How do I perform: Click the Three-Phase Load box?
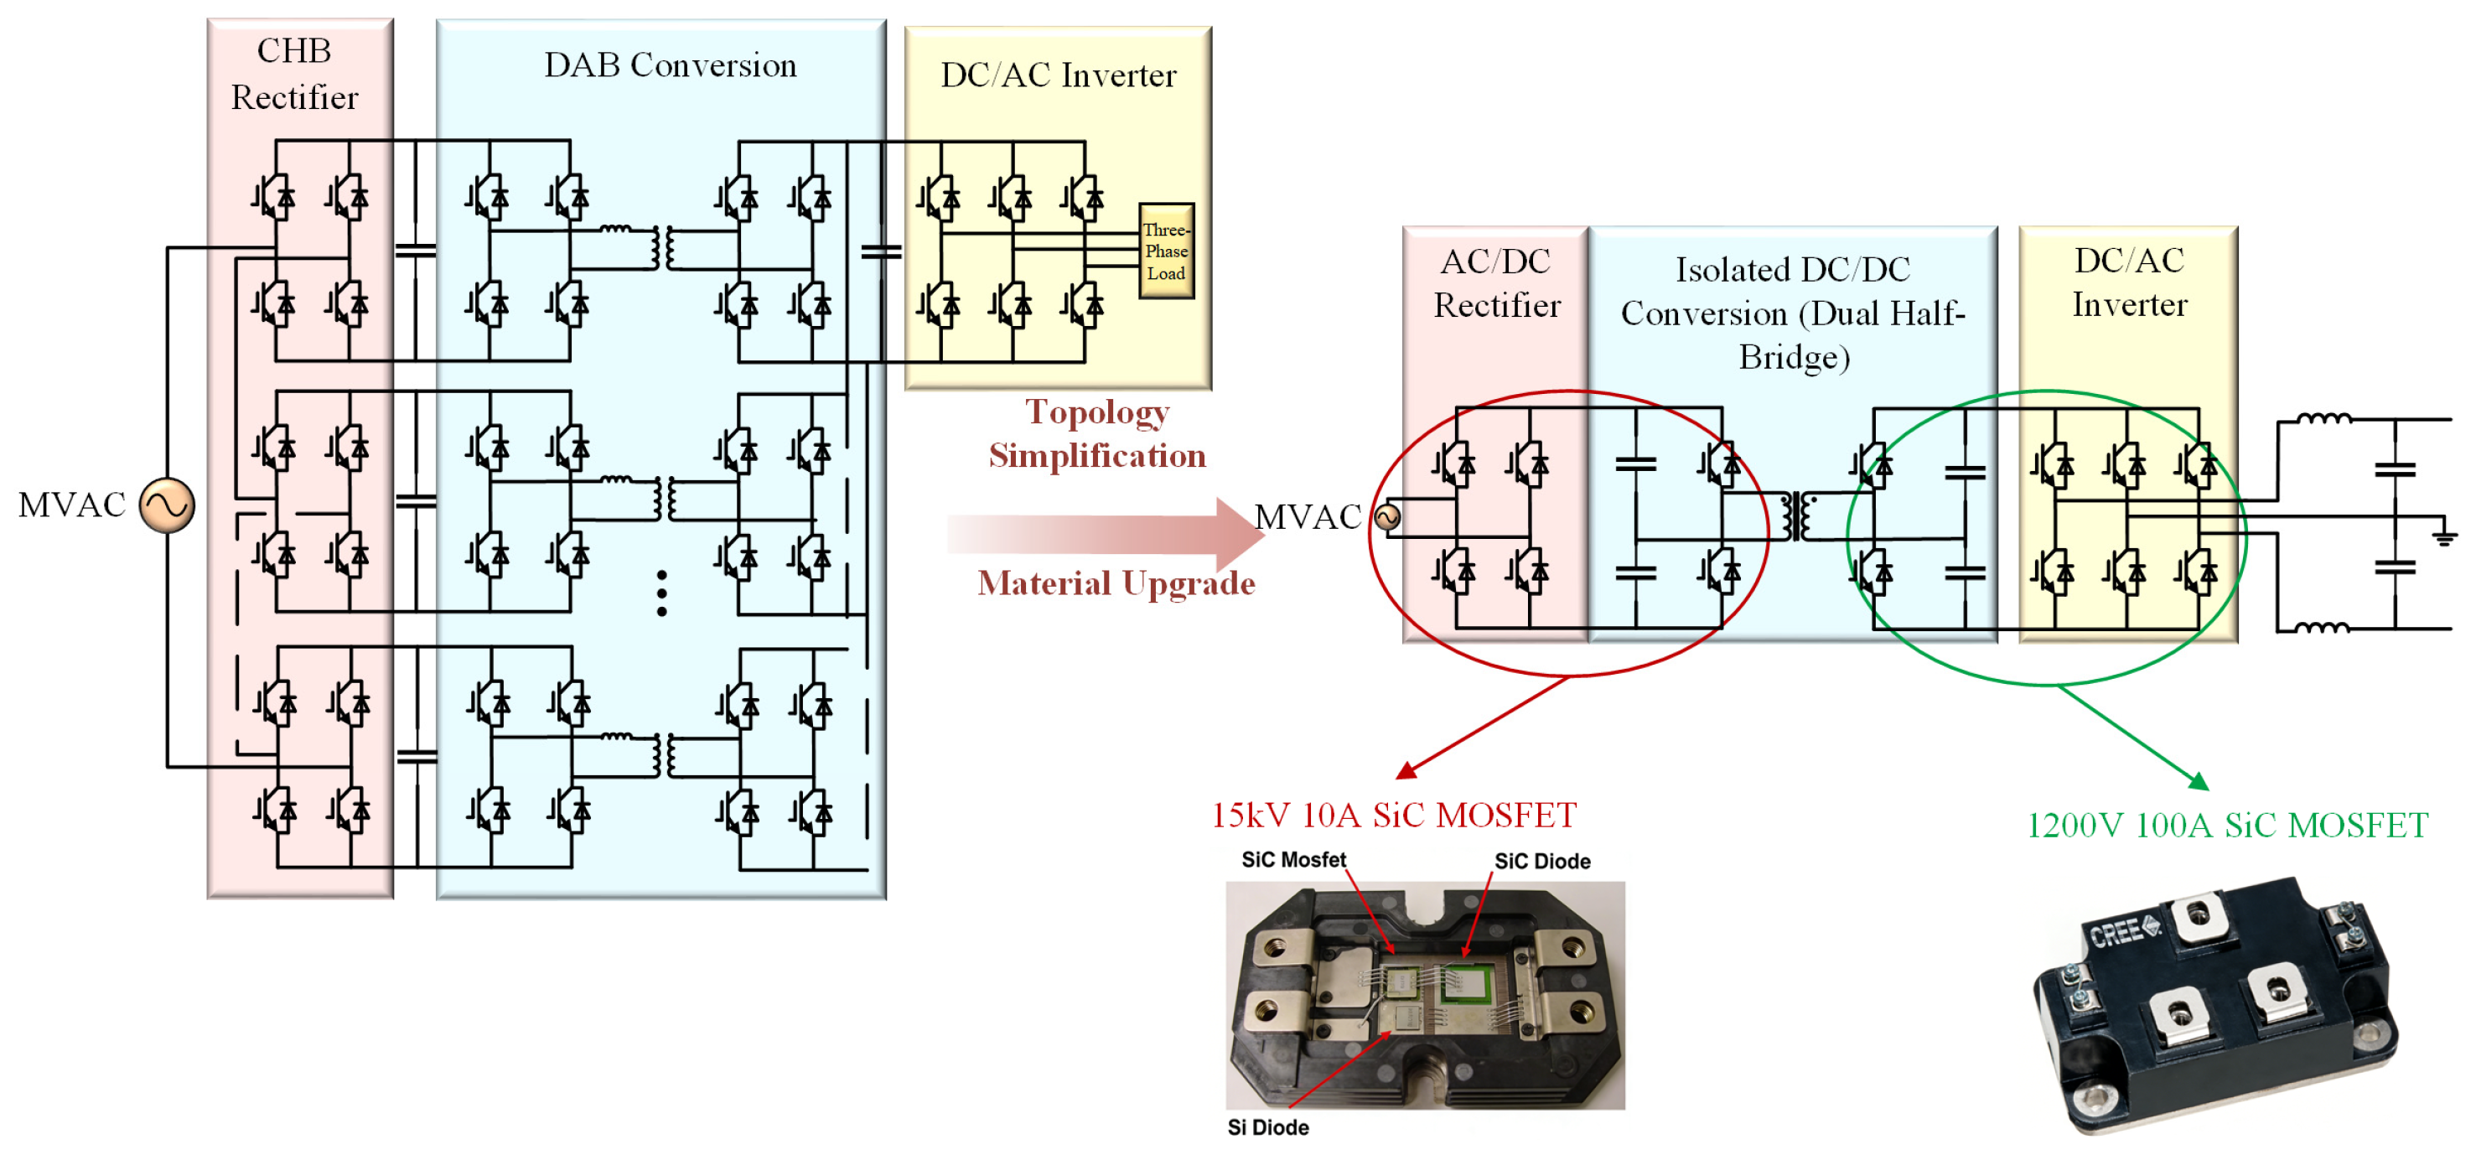1166,251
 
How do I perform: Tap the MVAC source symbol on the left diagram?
168,505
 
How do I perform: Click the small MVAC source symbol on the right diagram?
1387,517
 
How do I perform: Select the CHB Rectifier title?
294,74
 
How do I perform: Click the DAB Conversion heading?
670,65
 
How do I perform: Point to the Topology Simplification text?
1096,433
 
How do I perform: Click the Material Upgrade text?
1116,583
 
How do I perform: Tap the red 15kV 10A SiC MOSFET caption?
1394,815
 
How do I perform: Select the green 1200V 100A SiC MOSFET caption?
2227,825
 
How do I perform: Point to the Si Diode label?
1268,1127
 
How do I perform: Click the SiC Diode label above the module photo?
1541,861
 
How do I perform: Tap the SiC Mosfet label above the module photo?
1294,859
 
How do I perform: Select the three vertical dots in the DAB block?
661,593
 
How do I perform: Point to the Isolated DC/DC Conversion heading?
1793,313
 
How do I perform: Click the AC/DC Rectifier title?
1496,282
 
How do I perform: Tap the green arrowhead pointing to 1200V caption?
2199,780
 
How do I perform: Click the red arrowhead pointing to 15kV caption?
1406,770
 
